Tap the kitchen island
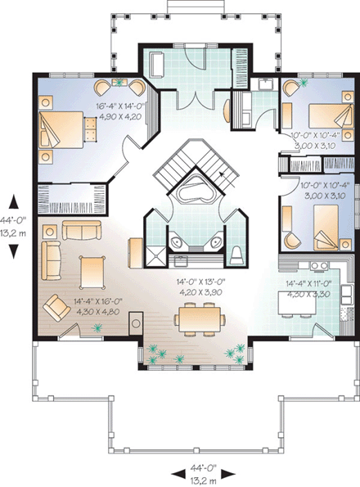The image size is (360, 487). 295,304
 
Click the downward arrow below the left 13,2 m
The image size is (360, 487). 12,252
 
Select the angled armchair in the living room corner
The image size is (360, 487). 56,308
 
